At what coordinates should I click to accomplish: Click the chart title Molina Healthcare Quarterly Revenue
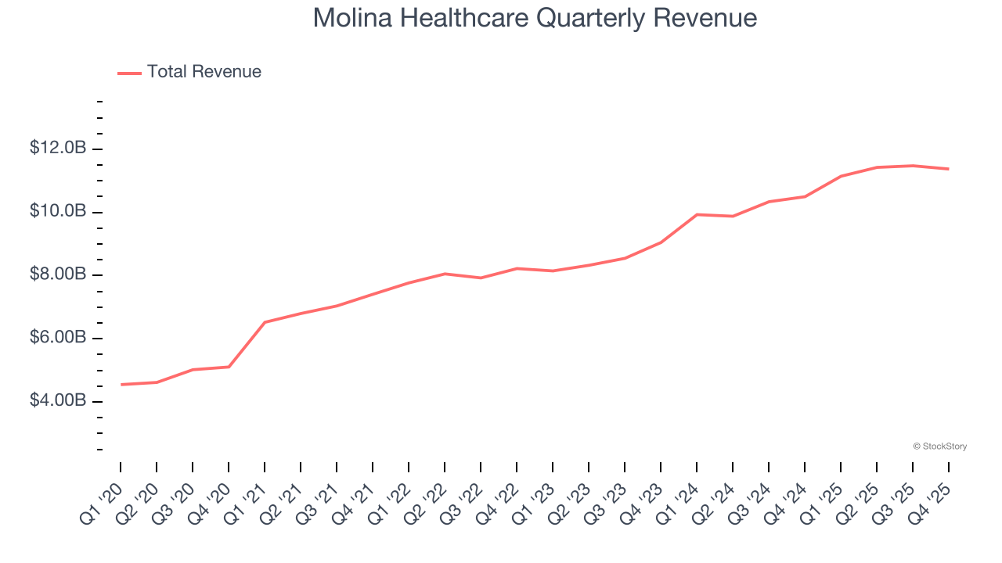(535, 18)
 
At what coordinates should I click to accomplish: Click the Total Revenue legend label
(204, 72)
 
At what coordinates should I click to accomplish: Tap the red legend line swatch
(129, 73)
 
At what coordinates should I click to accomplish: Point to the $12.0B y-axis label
(58, 148)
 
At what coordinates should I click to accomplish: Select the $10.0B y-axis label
(58, 211)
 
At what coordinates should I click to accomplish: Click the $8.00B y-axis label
(58, 274)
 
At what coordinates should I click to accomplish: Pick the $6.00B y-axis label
(58, 338)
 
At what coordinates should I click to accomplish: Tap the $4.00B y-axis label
(58, 401)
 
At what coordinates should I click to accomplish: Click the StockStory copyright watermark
(939, 446)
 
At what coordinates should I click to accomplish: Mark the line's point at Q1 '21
(265, 322)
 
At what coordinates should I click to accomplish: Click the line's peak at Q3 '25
(913, 166)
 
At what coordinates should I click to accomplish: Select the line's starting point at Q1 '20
(121, 385)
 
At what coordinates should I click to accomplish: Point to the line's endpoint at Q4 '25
(949, 169)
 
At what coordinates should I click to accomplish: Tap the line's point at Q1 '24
(697, 214)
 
